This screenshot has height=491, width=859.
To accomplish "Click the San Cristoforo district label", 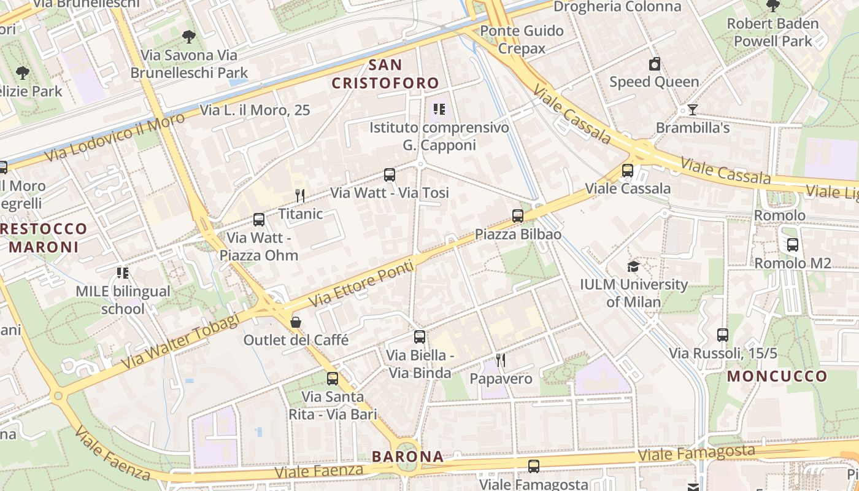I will coord(386,74).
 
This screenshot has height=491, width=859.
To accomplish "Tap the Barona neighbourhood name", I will coord(407,457).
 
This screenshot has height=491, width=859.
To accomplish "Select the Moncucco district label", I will coord(777,376).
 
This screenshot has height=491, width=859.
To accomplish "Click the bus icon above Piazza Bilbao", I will coord(518,216).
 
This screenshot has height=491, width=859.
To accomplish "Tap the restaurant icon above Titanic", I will coord(300,196).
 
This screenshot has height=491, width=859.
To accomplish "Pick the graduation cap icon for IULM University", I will coord(633,266).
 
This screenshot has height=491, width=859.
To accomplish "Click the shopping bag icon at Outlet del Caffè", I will coord(296,322).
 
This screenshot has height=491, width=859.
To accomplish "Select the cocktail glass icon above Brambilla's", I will coord(693,110).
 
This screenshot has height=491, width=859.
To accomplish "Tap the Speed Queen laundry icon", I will coord(655,64).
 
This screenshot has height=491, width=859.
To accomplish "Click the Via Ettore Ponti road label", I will coord(361,282).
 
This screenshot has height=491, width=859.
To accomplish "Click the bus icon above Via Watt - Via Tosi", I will coord(390,175).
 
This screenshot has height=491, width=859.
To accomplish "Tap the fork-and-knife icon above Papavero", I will coord(501,360).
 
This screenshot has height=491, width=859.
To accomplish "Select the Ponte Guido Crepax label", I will coord(522,39).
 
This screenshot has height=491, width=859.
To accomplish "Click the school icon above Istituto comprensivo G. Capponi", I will coord(439,110).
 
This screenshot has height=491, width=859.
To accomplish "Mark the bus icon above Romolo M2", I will coord(793,245).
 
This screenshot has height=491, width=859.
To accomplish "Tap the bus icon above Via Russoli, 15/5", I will coord(723,335).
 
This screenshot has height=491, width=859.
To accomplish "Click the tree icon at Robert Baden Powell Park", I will coord(773,6).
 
